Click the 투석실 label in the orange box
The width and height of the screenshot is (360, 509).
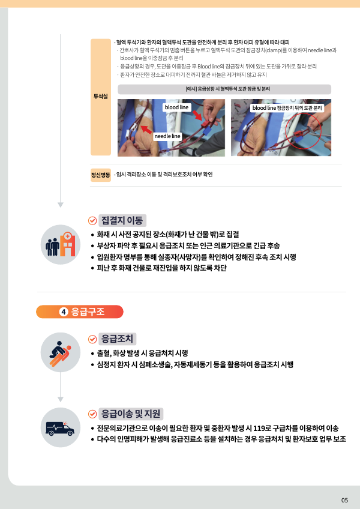pos(101,97)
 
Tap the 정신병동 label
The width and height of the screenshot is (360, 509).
pos(101,175)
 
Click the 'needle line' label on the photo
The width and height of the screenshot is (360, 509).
pos(167,136)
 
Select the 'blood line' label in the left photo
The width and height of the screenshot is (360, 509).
pos(176,107)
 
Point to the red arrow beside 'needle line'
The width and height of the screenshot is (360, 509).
pos(146,129)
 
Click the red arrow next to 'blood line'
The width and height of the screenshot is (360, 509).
pos(197,115)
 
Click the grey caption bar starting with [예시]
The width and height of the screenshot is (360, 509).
pos(224,89)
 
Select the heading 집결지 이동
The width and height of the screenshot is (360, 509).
pos(122,221)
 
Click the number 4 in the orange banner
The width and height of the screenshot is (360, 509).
pos(64,312)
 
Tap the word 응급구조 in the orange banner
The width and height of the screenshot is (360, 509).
pos(88,312)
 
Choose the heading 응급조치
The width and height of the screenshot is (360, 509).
pos(117,339)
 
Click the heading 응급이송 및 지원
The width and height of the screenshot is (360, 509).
pos(130,414)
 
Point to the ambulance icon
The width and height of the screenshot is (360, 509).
pos(60,428)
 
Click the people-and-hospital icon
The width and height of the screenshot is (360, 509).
pos(61,244)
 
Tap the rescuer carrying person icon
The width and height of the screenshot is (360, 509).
pos(61,353)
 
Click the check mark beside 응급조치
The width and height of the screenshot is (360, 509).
pos(92,339)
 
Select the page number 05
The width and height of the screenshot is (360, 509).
pos(344,500)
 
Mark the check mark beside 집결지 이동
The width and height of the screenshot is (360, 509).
pos(92,221)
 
